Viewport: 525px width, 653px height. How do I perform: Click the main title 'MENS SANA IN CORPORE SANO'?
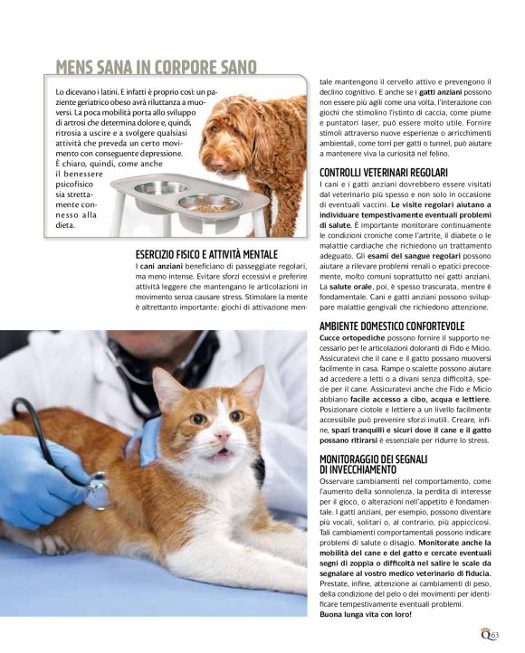point(156,68)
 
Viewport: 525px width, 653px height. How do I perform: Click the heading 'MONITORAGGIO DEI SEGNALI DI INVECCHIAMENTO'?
point(376,465)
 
